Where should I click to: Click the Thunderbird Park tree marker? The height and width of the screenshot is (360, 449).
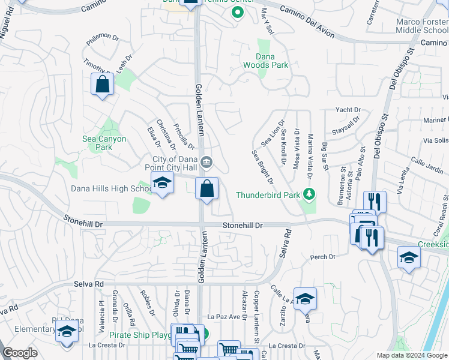(x=309, y=194)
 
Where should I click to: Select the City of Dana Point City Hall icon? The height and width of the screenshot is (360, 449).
(x=206, y=161)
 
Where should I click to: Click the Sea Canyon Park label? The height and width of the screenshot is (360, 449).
(x=104, y=143)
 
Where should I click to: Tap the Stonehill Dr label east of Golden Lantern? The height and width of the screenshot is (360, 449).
(x=243, y=225)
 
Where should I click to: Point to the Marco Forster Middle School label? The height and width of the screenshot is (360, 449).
(x=422, y=26)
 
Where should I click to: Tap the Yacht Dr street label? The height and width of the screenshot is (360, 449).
(x=348, y=110)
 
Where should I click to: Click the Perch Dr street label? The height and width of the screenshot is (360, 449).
(x=322, y=257)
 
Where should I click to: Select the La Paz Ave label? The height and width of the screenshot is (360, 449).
(x=223, y=316)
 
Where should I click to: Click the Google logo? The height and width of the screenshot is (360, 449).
(x=20, y=353)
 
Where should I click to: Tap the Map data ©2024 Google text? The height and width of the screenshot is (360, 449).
(x=411, y=355)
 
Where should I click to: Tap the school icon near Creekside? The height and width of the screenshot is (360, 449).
(x=409, y=258)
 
